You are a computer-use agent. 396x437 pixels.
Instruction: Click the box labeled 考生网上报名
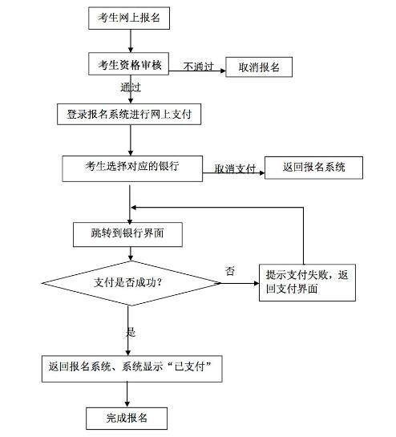click(x=129, y=18)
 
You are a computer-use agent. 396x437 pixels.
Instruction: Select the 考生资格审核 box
click(x=129, y=64)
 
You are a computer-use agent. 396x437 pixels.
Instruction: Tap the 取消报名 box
click(x=259, y=67)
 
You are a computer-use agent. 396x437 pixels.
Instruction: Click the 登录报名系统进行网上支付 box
click(x=129, y=115)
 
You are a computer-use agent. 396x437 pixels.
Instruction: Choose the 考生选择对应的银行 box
click(x=132, y=168)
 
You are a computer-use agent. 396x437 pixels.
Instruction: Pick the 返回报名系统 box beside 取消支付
click(x=313, y=168)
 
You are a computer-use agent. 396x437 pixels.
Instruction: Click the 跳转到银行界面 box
click(x=127, y=234)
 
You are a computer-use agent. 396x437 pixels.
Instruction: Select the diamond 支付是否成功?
click(x=131, y=283)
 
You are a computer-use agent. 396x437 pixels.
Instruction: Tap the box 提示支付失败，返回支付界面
click(x=307, y=282)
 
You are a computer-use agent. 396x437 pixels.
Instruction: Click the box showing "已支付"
click(x=131, y=368)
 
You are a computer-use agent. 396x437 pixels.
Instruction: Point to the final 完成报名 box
click(x=127, y=419)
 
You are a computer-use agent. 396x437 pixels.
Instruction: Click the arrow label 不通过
click(x=199, y=67)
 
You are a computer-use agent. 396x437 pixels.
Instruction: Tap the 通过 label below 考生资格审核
click(x=131, y=87)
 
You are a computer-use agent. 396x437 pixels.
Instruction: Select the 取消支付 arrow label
click(x=235, y=168)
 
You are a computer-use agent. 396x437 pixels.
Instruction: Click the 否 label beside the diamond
click(x=230, y=271)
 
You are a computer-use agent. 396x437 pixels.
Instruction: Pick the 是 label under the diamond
click(x=131, y=332)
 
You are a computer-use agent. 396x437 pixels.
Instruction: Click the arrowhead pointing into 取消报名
click(x=223, y=71)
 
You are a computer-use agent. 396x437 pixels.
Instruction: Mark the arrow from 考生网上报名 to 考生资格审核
click(x=131, y=41)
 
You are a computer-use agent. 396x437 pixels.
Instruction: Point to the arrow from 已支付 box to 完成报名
click(x=127, y=395)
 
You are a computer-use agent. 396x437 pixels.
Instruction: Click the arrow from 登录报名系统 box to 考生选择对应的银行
click(x=131, y=140)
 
